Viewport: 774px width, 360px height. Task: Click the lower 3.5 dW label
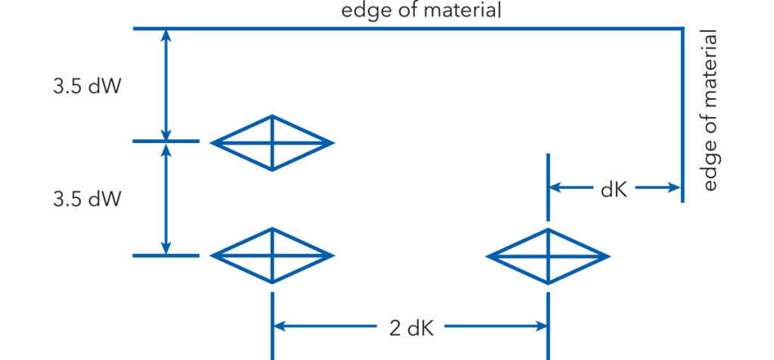87,200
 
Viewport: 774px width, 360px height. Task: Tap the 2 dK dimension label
412,328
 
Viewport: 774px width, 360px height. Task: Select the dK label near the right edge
614,190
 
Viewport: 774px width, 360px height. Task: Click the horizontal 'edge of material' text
421,10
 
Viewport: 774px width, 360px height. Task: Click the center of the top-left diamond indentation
272,143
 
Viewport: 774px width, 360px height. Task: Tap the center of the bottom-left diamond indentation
272,256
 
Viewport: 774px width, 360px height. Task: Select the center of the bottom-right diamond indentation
548,256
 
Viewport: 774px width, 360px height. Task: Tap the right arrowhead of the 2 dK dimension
540,326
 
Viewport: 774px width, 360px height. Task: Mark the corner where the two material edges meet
683,29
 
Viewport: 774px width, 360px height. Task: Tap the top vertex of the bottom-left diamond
272,228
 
